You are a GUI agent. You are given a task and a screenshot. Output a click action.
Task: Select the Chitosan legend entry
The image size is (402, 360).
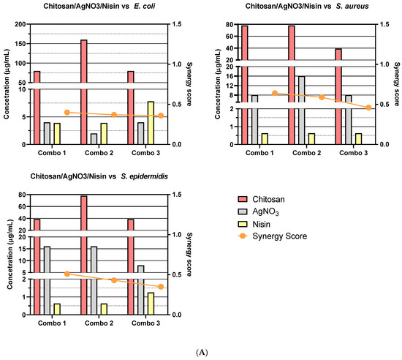click(273, 198)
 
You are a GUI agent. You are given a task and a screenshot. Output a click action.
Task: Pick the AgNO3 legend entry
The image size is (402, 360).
click(273, 211)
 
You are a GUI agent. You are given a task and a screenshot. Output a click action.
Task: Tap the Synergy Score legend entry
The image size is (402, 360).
click(282, 236)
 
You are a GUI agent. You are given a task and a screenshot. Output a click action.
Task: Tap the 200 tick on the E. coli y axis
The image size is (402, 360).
click(25, 24)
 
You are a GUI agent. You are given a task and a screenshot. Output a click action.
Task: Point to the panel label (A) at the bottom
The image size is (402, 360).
click(201, 352)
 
